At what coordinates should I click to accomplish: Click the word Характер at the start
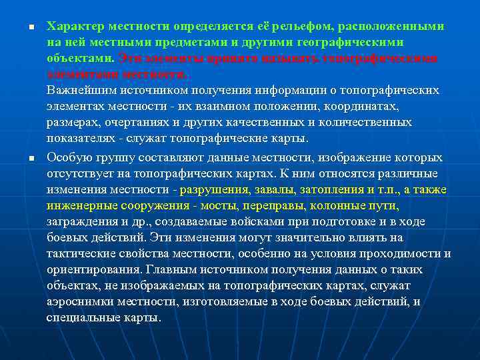tap(72, 27)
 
